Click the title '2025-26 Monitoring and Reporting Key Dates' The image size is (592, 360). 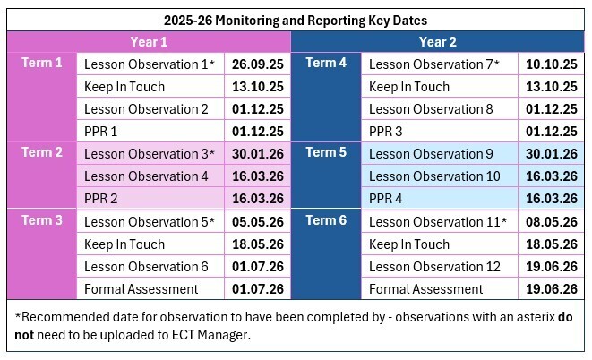(296, 19)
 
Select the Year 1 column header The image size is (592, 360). (149, 41)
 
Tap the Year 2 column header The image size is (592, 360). (438, 41)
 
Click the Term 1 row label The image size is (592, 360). (42, 63)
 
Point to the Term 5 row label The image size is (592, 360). (326, 152)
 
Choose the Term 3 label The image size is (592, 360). (42, 220)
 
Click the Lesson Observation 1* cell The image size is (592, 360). (150, 64)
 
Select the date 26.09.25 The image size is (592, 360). (257, 64)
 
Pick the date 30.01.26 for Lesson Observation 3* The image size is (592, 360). (257, 154)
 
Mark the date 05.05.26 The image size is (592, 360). (257, 222)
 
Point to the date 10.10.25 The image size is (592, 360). (551, 64)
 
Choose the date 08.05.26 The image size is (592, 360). (551, 222)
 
